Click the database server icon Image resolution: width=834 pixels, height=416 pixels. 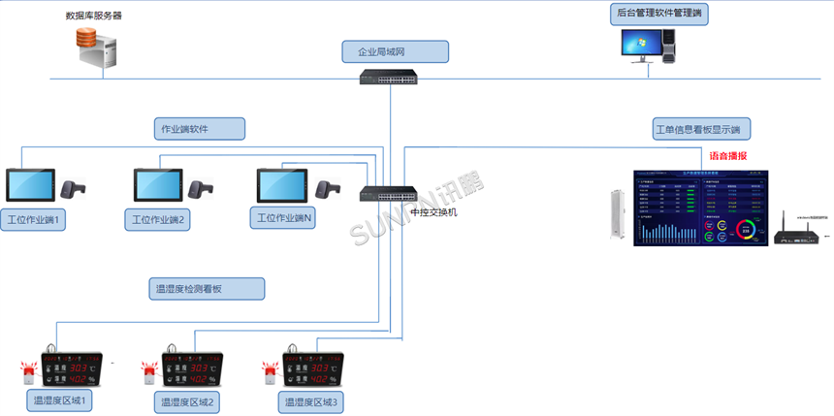(97, 48)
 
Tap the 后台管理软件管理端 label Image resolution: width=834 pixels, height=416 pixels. (662, 14)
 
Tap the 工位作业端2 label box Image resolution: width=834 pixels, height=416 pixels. (157, 220)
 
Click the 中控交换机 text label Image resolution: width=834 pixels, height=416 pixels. (433, 210)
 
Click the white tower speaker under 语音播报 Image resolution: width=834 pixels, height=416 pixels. (611, 216)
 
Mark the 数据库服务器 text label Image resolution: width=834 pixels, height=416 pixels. (93, 16)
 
